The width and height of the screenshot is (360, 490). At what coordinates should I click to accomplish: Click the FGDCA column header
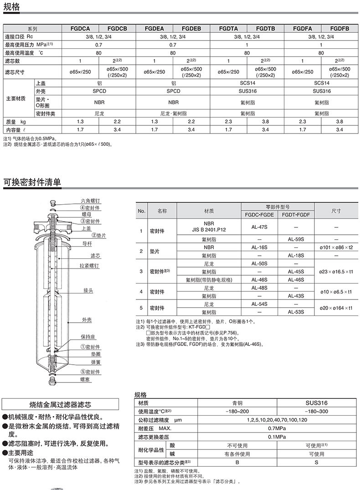(80, 28)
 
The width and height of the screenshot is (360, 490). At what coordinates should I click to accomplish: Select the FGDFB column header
(339, 28)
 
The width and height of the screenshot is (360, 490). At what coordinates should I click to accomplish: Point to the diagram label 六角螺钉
(90, 201)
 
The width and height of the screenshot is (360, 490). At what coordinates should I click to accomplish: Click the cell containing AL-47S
(259, 227)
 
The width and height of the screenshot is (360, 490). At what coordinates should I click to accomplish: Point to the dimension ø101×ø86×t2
(336, 247)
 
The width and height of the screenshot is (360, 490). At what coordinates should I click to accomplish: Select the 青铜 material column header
(237, 403)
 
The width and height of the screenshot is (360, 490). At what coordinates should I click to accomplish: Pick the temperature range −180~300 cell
(316, 411)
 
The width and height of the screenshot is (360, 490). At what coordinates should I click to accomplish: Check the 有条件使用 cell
(237, 454)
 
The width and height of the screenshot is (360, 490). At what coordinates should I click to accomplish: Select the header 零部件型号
(278, 206)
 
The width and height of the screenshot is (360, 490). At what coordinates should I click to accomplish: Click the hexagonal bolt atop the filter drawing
(52, 201)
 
